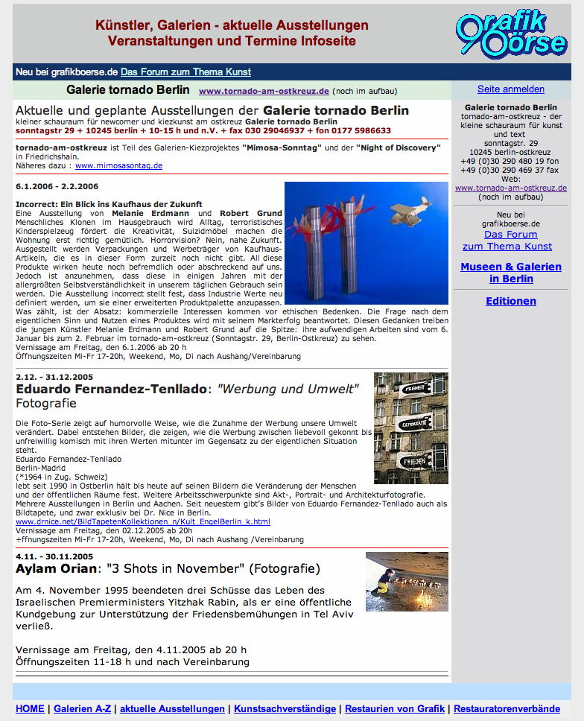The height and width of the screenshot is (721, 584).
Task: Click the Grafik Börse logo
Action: click(511, 33)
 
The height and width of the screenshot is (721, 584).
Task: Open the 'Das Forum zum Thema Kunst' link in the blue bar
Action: click(185, 72)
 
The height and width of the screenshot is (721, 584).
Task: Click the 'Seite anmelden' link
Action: click(510, 89)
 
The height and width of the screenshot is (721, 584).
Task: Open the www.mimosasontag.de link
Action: click(118, 165)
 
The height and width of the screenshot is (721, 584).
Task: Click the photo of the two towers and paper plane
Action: click(366, 243)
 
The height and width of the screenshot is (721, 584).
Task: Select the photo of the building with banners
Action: click(410, 428)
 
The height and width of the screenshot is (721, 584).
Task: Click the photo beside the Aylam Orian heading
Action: click(406, 582)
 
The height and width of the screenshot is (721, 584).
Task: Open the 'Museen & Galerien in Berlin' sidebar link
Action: click(510, 273)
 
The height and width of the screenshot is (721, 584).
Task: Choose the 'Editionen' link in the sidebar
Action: click(510, 301)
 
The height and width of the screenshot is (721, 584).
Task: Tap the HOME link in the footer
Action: click(30, 708)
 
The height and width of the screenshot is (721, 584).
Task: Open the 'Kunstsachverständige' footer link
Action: click(285, 708)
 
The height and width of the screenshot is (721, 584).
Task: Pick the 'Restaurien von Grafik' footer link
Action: click(395, 708)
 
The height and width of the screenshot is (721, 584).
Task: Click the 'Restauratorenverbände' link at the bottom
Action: click(507, 708)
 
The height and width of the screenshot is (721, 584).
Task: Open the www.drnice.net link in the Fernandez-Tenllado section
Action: click(143, 522)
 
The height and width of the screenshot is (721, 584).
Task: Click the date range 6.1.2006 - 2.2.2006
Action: click(57, 186)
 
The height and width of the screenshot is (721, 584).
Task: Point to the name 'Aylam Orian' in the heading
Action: click(57, 569)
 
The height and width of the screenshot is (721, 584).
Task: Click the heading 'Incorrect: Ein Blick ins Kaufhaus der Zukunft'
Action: click(109, 204)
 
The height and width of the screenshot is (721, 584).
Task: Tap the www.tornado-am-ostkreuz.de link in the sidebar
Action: click(510, 188)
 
